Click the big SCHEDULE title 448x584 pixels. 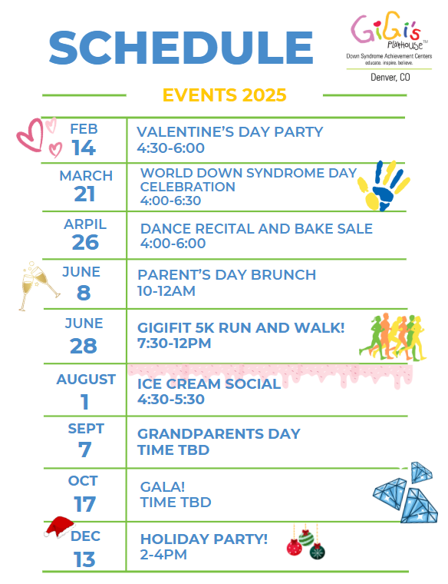click(x=181, y=48)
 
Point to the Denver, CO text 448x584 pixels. click(x=390, y=77)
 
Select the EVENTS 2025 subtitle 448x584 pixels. click(x=224, y=95)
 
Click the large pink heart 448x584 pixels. click(x=31, y=134)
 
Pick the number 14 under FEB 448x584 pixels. click(x=84, y=148)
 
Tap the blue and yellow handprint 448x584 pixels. click(x=383, y=185)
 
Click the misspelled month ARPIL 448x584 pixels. click(x=85, y=224)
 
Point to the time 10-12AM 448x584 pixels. click(x=166, y=291)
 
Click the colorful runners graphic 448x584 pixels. click(x=393, y=337)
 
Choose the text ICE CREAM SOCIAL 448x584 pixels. click(x=209, y=383)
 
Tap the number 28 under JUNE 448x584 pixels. click(x=84, y=346)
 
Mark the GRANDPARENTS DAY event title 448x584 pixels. click(x=219, y=434)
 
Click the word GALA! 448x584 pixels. click(x=163, y=486)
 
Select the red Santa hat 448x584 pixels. click(x=59, y=527)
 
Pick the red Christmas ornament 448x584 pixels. click(x=294, y=547)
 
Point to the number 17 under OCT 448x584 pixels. click(x=84, y=504)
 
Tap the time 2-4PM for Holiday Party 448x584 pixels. click(x=163, y=555)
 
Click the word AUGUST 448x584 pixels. click(x=86, y=380)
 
